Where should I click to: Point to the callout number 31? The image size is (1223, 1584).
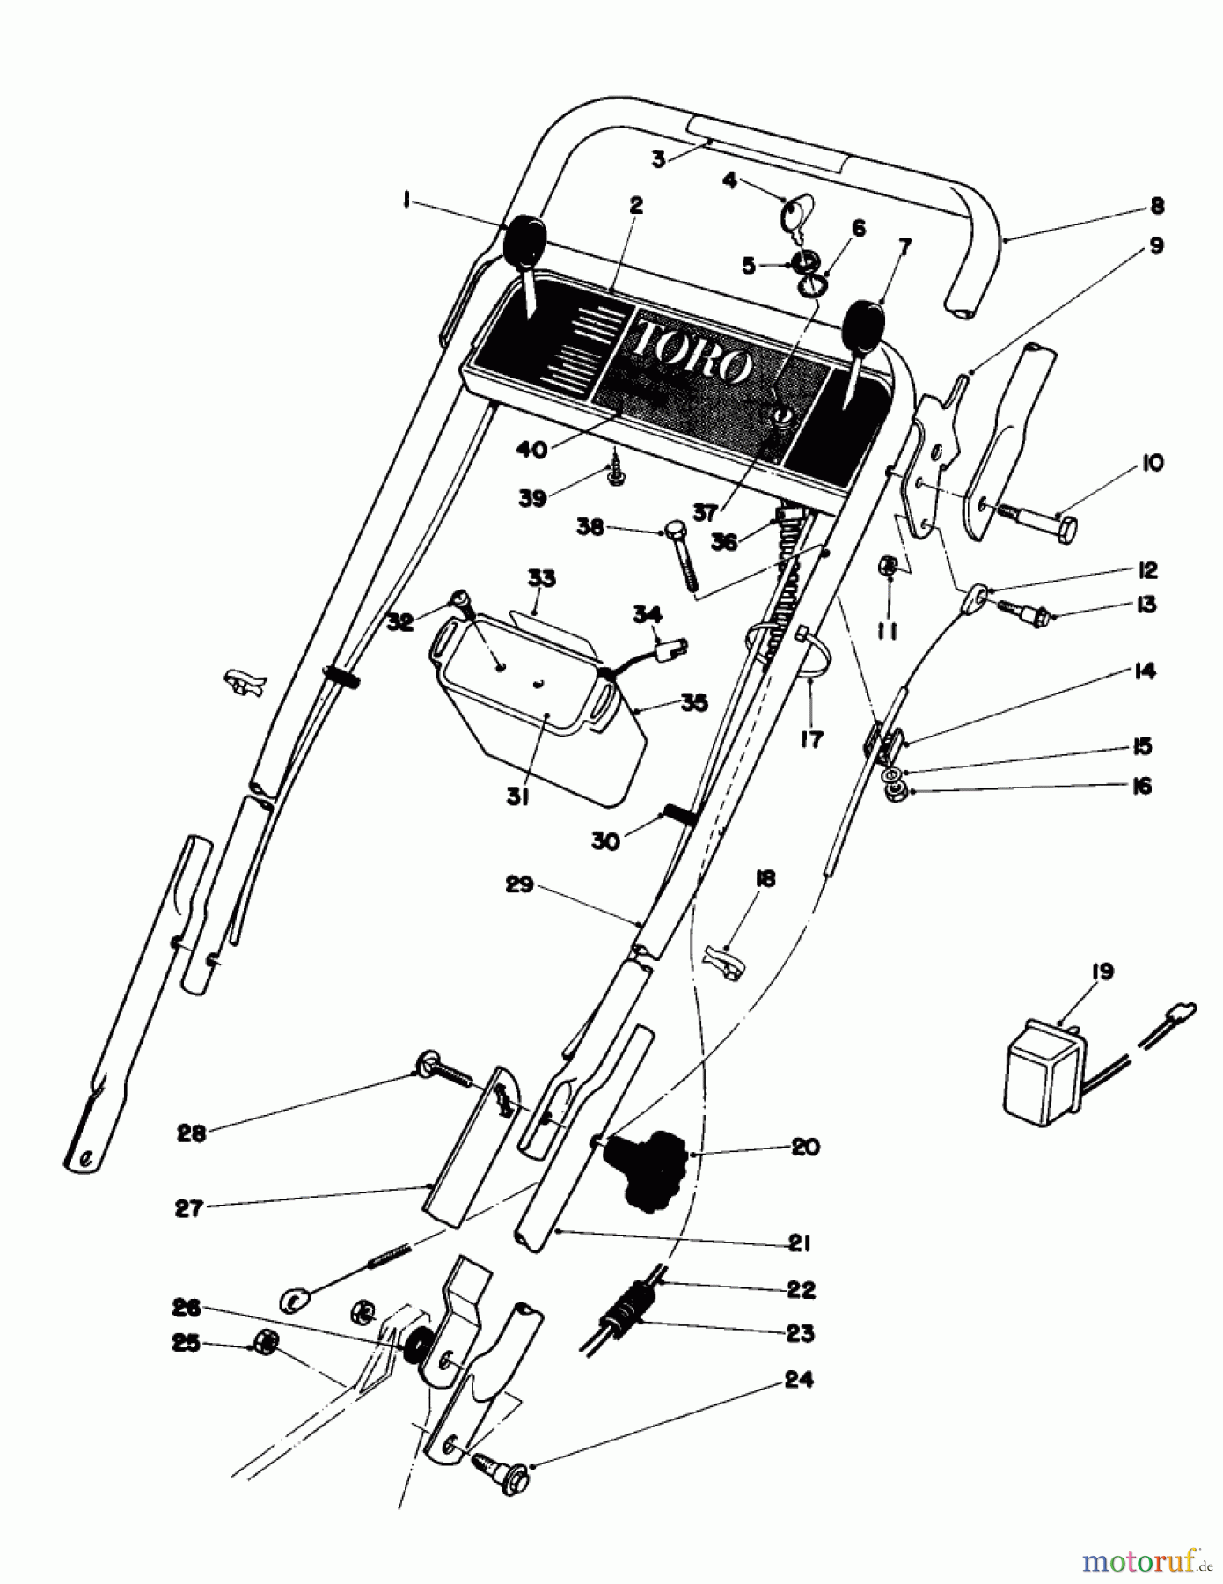click(517, 797)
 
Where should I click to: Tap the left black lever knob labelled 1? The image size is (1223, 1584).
click(524, 238)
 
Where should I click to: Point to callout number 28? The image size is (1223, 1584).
click(192, 1133)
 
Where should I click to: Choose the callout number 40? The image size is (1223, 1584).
click(531, 450)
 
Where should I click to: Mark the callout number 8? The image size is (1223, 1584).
click(1156, 206)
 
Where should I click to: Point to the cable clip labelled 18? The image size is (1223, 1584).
click(726, 958)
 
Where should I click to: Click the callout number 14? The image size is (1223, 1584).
click(1145, 671)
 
